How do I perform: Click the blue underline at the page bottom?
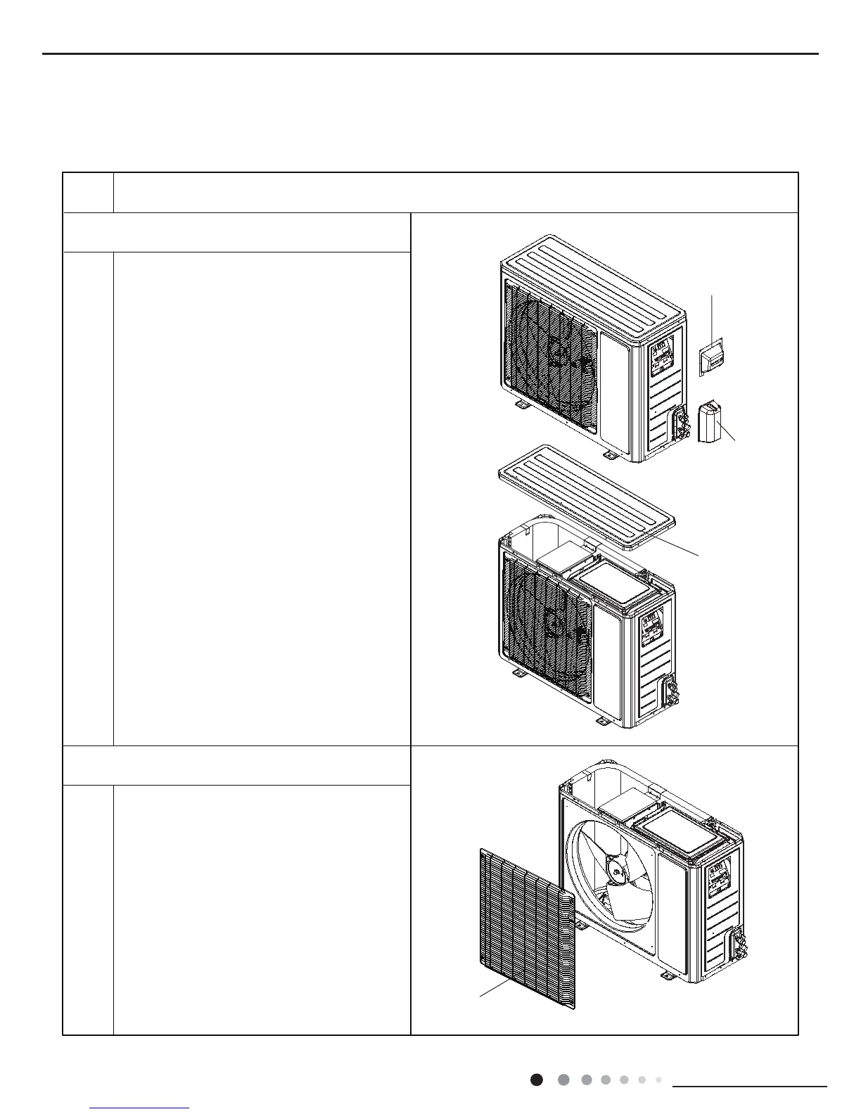click(x=140, y=1108)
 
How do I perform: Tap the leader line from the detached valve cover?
click(x=728, y=432)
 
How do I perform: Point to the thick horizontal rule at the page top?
click(x=431, y=53)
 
